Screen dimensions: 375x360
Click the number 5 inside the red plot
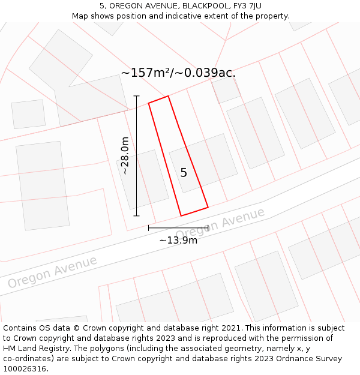(184, 173)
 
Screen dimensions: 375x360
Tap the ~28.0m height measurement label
(125, 155)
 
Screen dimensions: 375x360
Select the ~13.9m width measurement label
(178, 240)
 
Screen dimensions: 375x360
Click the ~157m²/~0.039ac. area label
(178, 73)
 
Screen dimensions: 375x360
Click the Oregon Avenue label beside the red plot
(220, 223)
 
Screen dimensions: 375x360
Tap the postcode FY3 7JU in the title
(245, 6)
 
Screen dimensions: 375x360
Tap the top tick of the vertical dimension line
(136, 96)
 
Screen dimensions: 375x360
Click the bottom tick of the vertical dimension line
(136, 215)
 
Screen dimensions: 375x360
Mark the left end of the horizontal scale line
(149, 227)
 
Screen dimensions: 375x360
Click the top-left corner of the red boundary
(149, 103)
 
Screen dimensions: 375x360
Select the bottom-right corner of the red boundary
(208, 208)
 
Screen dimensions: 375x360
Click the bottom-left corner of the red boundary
(181, 215)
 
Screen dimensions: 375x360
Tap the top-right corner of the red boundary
(168, 96)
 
